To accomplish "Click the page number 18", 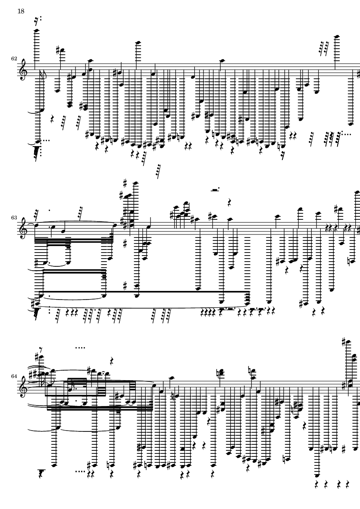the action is pos(21,11).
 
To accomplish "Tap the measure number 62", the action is pos(14,59).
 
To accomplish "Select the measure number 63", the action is pos(14,218).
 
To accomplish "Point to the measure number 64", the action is pos(14,376).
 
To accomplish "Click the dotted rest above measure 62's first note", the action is pos(38,22).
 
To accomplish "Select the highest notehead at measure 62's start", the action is pos(36,31).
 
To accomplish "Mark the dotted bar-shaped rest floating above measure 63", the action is pos(215,190).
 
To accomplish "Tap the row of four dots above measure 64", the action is pos(80,348).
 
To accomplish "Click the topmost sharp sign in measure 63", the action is pos(125,184).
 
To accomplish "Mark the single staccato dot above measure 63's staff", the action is pos(49,210).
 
